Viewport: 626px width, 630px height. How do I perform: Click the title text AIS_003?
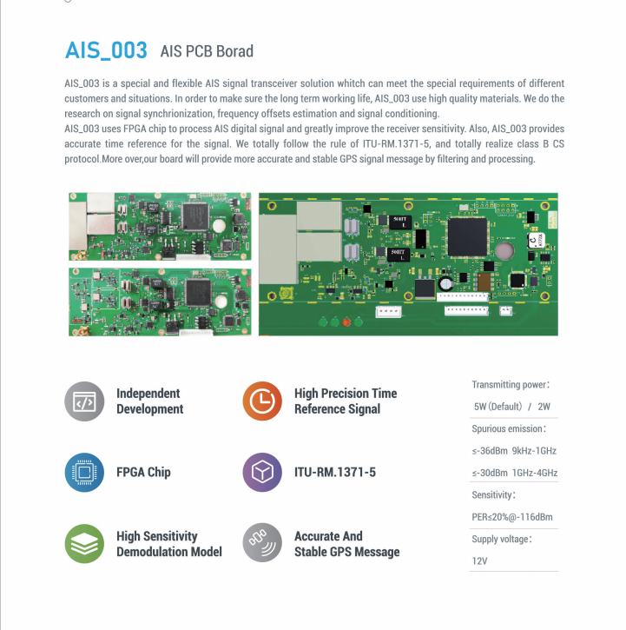(106, 50)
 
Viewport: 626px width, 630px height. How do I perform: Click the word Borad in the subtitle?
(234, 51)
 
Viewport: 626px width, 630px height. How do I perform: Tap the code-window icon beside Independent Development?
(84, 401)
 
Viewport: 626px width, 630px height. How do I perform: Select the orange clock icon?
(262, 401)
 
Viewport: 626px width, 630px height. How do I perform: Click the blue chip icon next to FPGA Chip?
(84, 473)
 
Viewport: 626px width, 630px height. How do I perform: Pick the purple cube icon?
(262, 473)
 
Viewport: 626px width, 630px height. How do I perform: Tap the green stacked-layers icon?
(84, 543)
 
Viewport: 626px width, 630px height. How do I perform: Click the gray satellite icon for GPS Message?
(262, 543)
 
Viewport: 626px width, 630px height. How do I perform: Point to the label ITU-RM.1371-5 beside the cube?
(334, 473)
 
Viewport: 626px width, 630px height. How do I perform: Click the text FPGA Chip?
(143, 473)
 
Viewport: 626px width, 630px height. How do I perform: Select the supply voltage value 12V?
(480, 560)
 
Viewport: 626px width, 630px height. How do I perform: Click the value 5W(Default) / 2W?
(512, 407)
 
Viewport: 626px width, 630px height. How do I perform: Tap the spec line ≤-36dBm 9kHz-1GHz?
(514, 451)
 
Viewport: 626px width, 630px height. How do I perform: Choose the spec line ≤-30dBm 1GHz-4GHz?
(514, 473)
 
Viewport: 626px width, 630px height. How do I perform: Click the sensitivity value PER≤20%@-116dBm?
(512, 517)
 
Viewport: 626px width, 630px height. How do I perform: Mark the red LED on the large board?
(346, 322)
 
